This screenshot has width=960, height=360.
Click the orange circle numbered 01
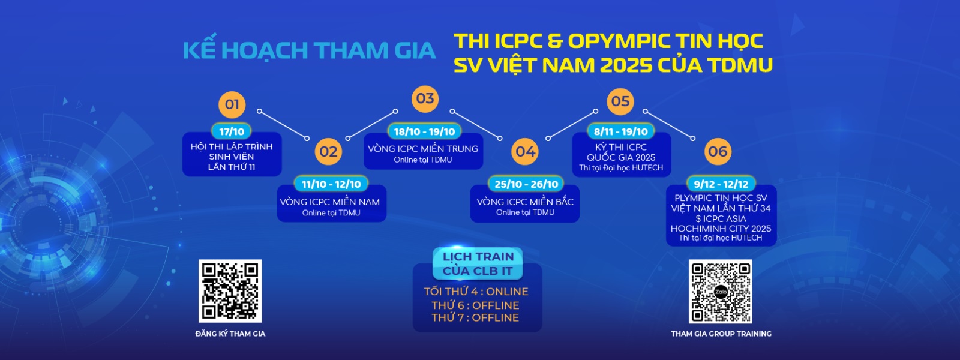point(232,104)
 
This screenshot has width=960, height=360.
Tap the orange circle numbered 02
point(328,152)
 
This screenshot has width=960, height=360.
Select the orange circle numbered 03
point(425,98)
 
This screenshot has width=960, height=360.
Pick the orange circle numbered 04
point(526,152)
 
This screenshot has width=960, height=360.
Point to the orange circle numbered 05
point(620,101)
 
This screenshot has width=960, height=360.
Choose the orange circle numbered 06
point(718,152)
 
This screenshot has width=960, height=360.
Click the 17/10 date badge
point(232,131)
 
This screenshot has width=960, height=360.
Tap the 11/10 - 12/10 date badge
point(331,184)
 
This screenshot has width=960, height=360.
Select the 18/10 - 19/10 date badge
point(424,131)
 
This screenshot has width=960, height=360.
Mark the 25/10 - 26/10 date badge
point(526,184)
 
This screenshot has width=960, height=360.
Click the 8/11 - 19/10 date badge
point(620,131)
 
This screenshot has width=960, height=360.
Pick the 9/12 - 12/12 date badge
point(721,184)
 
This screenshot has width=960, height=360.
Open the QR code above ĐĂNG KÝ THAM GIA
point(230,291)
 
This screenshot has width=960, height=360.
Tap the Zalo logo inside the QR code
point(721,292)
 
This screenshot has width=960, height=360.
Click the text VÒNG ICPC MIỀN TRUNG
point(423,149)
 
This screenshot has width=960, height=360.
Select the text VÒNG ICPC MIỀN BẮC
point(525,202)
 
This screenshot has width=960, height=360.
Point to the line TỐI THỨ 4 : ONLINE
point(476,292)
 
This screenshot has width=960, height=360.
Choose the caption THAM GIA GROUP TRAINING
point(721,334)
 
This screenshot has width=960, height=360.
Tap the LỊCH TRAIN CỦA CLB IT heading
point(478,263)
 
